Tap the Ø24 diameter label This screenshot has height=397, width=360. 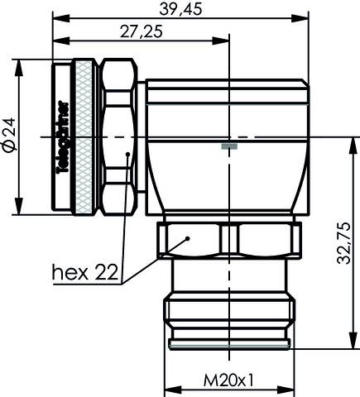pyautogui.click(x=8, y=137)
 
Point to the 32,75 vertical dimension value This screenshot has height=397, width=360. pyautogui.click(x=349, y=241)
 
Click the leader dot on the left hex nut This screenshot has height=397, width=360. pyautogui.click(x=127, y=154)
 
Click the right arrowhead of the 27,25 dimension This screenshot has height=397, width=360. pyautogui.click(x=224, y=41)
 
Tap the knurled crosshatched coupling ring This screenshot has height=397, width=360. pyautogui.click(x=84, y=137)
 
